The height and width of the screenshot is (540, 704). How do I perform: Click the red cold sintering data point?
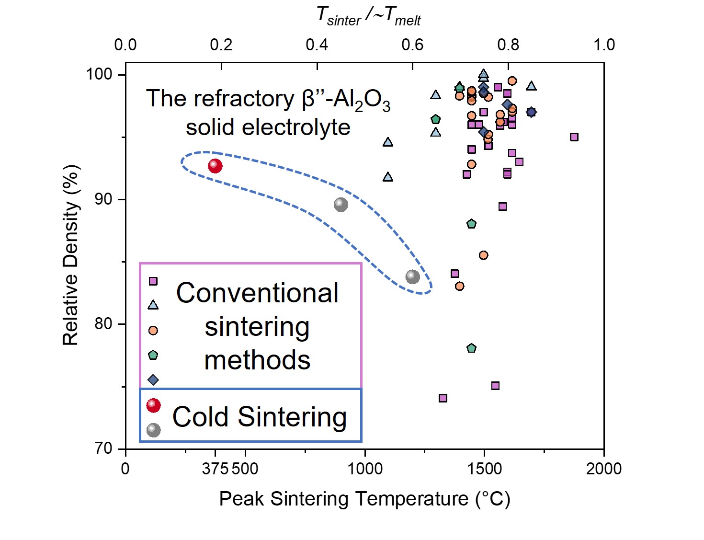click(x=215, y=166)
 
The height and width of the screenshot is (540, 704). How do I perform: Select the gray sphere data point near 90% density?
click(x=341, y=205)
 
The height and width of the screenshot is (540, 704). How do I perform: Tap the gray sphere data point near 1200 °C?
click(x=412, y=276)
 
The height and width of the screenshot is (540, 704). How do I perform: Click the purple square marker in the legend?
click(x=153, y=281)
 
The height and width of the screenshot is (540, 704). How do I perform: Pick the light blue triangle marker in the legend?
click(x=153, y=305)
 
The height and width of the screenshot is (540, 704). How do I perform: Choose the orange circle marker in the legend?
click(x=153, y=330)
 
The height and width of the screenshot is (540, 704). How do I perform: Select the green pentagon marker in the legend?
click(x=153, y=355)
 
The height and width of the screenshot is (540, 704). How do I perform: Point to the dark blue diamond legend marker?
click(x=153, y=380)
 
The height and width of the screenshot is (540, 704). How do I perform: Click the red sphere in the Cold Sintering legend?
click(x=153, y=405)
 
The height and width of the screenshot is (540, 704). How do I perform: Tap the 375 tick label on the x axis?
click(x=215, y=468)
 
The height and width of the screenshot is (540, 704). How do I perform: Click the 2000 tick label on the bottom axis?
click(x=603, y=468)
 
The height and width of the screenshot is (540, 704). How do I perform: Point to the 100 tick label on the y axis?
click(x=99, y=74)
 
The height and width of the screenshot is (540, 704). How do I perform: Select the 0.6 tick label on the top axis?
click(x=412, y=45)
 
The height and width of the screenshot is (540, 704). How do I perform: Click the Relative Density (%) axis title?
click(x=70, y=255)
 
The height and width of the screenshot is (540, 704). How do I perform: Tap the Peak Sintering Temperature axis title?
click(x=364, y=499)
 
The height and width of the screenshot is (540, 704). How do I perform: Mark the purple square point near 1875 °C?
click(x=574, y=137)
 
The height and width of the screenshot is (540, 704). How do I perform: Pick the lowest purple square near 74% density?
click(x=443, y=398)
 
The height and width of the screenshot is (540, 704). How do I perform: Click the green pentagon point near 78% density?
click(x=471, y=348)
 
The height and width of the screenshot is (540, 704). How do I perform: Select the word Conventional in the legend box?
click(x=257, y=293)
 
